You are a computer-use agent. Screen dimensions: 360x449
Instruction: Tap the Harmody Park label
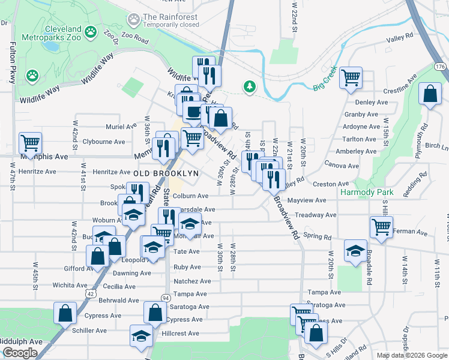click(366, 193)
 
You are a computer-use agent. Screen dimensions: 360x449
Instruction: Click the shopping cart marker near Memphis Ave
click(30, 143)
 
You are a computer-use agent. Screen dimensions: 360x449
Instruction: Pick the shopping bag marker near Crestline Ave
click(430, 94)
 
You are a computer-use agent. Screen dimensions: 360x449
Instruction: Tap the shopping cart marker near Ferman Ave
click(382, 227)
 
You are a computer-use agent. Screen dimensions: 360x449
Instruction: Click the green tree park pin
click(249, 87)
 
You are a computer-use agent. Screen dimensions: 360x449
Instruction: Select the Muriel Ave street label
click(121, 127)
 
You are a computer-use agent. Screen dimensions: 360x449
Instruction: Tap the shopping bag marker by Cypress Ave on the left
click(65, 313)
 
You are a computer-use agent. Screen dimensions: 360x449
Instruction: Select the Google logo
click(20, 353)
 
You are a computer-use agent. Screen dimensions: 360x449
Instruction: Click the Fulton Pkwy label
click(12, 63)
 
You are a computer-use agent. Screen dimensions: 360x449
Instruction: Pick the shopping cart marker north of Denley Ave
click(351, 77)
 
